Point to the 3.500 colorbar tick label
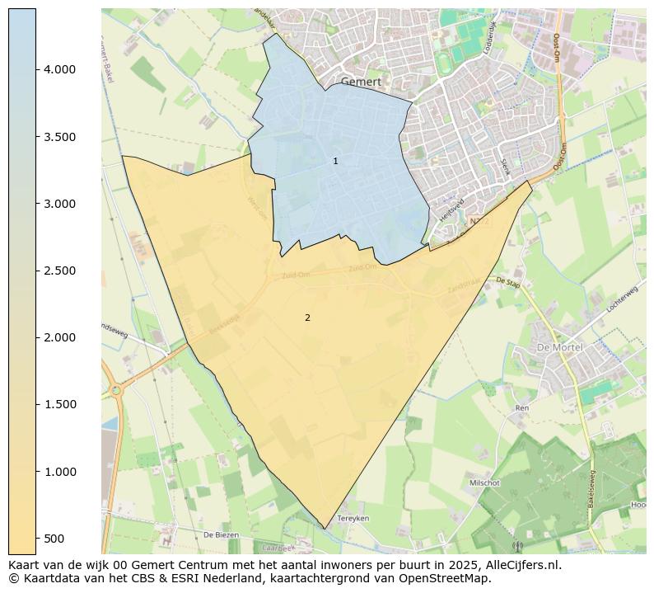(59, 137)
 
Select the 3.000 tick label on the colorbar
(59, 204)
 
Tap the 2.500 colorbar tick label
(59, 271)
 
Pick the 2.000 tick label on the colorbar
(59, 337)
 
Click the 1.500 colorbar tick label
(59, 404)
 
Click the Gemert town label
(361, 82)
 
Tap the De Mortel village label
(559, 347)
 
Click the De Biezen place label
(221, 534)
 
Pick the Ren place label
(521, 407)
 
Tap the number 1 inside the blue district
(335, 161)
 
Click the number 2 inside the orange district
(307, 318)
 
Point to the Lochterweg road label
(622, 298)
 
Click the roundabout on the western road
(115, 389)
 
